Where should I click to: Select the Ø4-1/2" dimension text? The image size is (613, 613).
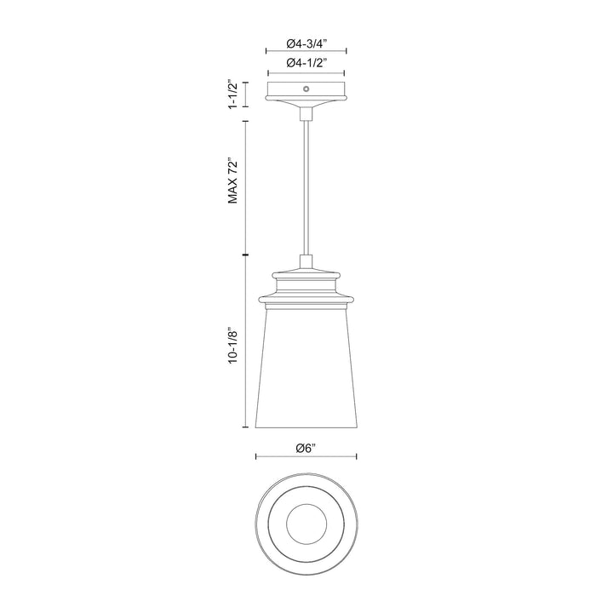[306, 62]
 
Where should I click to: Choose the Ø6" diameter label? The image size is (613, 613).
[306, 448]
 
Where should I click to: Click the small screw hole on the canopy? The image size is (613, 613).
[306, 88]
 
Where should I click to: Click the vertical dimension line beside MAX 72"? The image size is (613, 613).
[247, 187]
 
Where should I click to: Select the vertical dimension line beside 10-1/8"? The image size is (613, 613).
[247, 341]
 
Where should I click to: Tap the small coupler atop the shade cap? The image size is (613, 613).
[306, 261]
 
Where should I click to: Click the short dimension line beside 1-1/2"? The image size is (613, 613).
[247, 94]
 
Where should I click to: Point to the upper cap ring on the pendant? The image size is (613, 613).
[306, 273]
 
